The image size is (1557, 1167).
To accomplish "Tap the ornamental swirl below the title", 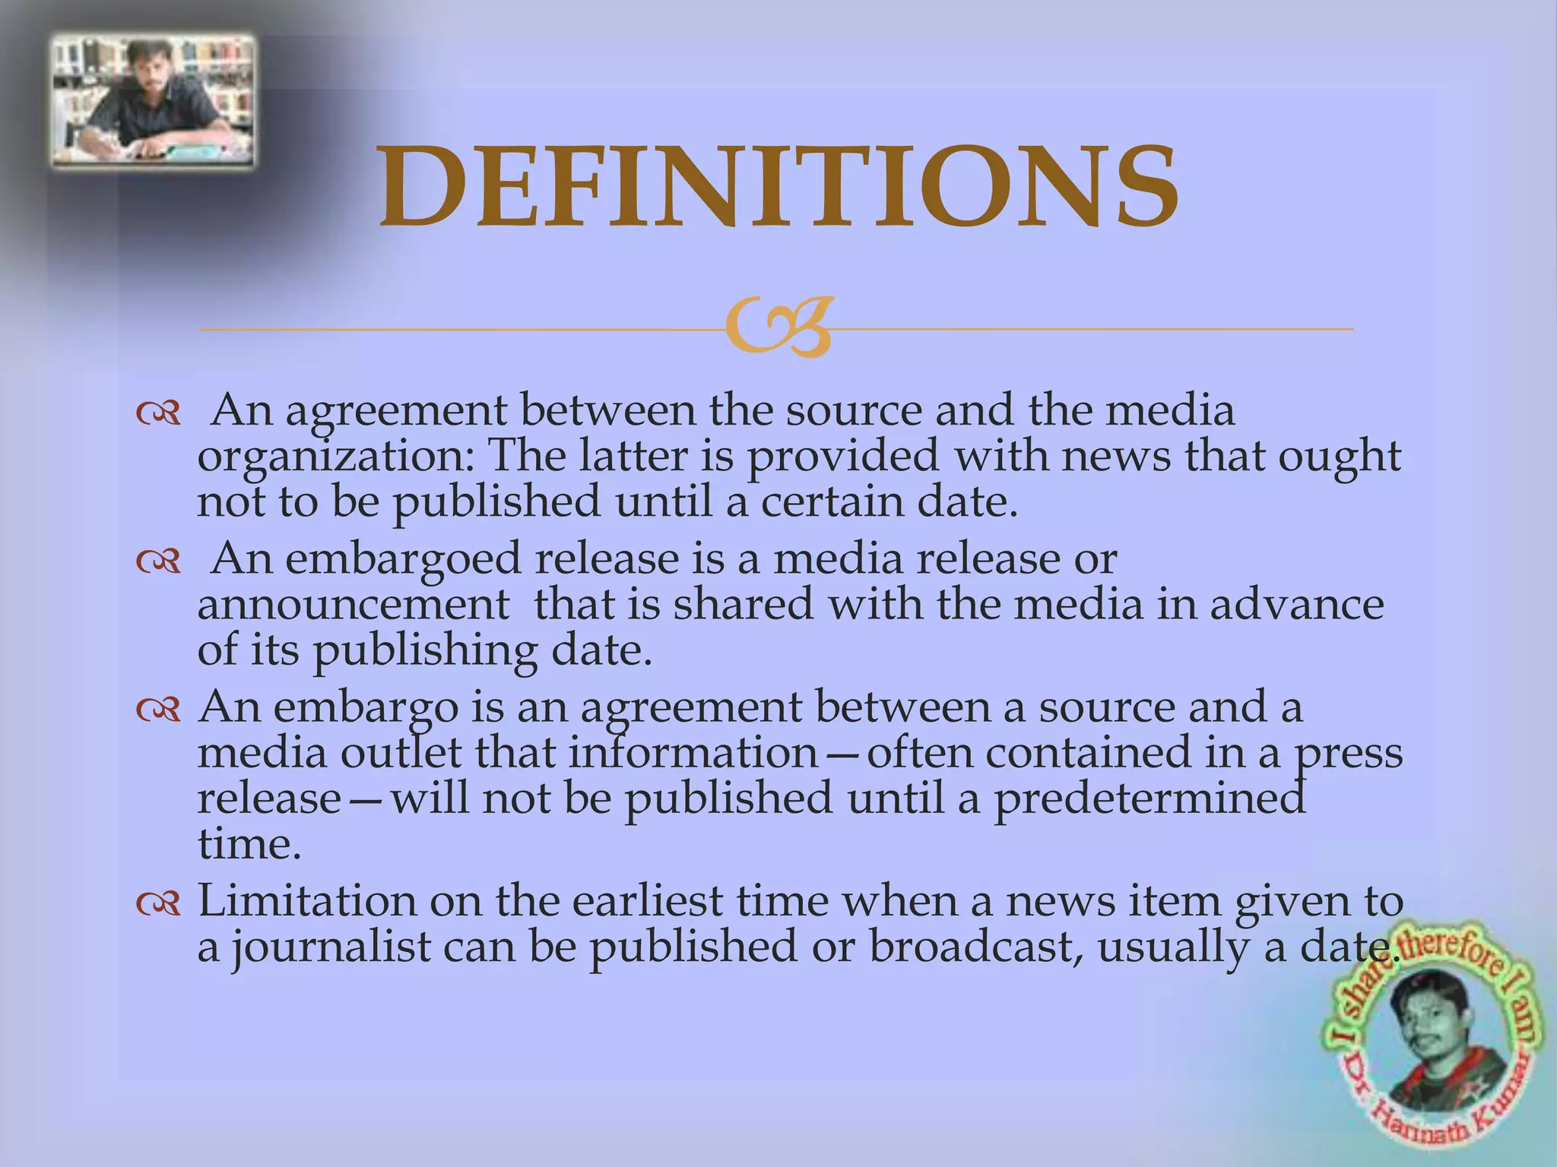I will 777,329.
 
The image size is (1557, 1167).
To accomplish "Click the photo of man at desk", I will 152,100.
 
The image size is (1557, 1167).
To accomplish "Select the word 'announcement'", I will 353,605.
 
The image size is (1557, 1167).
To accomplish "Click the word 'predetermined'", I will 1150,799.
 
